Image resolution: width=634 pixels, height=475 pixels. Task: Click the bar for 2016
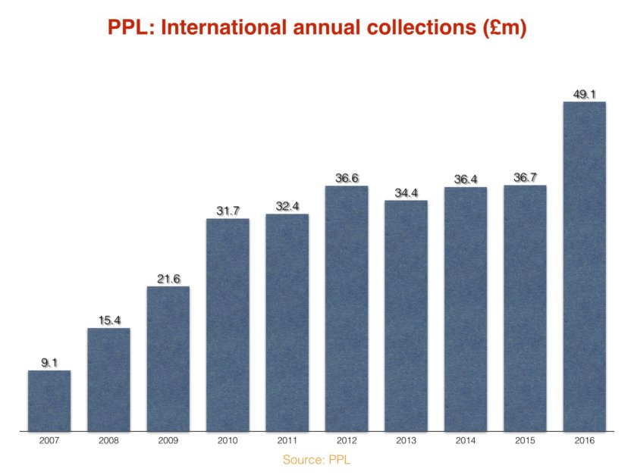(x=584, y=266)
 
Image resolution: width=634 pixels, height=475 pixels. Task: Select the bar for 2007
(x=49, y=401)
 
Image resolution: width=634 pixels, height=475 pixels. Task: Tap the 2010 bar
(x=228, y=325)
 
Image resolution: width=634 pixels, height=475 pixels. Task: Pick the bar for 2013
(x=406, y=316)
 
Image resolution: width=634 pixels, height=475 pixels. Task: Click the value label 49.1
(x=584, y=95)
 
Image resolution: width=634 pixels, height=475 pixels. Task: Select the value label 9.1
(x=49, y=364)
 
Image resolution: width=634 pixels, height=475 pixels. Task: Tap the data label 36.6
(x=347, y=179)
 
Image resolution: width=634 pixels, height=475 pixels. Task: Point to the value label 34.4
(x=406, y=193)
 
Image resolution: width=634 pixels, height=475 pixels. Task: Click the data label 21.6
(x=168, y=280)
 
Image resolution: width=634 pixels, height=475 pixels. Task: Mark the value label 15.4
(x=109, y=321)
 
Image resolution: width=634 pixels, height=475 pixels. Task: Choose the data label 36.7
(x=525, y=178)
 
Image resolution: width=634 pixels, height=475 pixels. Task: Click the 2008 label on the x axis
(x=109, y=439)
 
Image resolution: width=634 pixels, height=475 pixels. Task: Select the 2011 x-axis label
(x=287, y=439)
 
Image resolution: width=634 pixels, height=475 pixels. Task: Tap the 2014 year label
(x=466, y=439)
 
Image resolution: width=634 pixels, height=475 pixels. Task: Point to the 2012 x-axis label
(x=347, y=439)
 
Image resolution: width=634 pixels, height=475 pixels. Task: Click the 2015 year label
(x=525, y=439)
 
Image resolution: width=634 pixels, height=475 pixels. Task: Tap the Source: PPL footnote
(x=317, y=459)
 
